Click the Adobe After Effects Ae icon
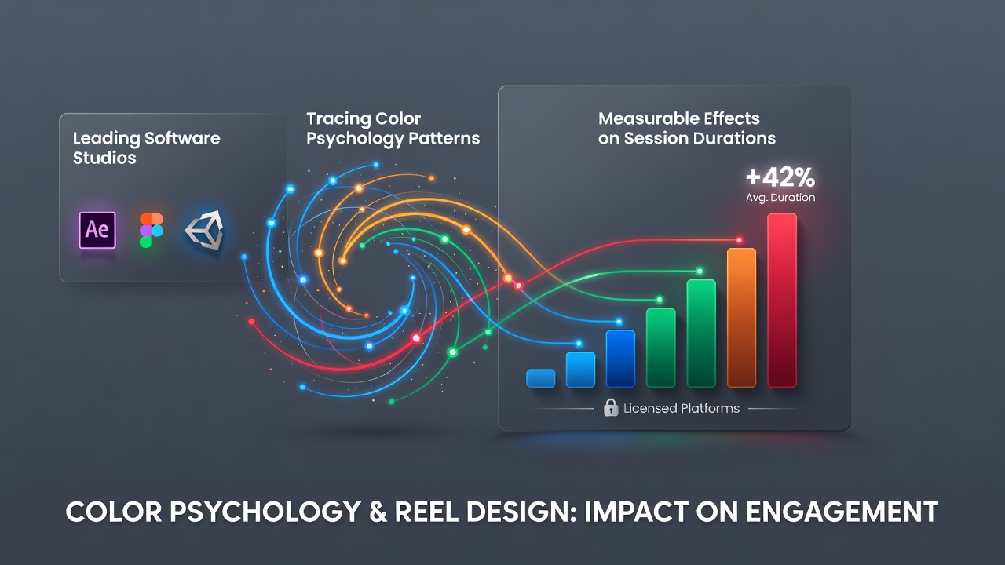coord(97,230)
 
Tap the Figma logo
coord(152,230)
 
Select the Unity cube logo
coord(205,230)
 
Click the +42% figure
coord(780,177)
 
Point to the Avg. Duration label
coord(780,198)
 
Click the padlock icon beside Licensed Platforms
coord(611,407)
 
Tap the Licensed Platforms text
coord(682,409)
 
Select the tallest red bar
coord(782,300)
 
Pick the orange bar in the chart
coord(742,318)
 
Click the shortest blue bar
coord(541,378)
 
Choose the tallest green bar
coord(701,334)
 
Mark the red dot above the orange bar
coord(740,240)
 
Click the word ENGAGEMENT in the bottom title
coord(842,512)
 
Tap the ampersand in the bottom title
coord(378,512)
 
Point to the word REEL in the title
coord(426,512)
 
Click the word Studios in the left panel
coord(104,158)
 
